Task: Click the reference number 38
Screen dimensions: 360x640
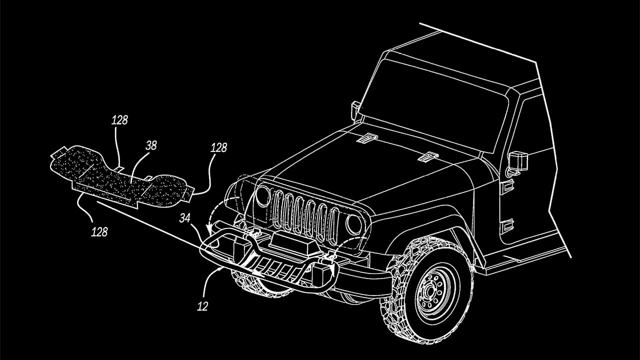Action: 151,145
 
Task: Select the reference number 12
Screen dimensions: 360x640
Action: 202,305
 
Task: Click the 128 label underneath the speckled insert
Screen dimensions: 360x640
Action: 99,232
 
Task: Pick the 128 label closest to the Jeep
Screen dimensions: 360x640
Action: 218,147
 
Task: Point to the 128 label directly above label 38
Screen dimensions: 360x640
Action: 119,120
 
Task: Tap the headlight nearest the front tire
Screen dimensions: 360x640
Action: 354,224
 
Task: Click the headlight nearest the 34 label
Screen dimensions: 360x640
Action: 262,196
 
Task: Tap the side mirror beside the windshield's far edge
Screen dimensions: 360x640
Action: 356,110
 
